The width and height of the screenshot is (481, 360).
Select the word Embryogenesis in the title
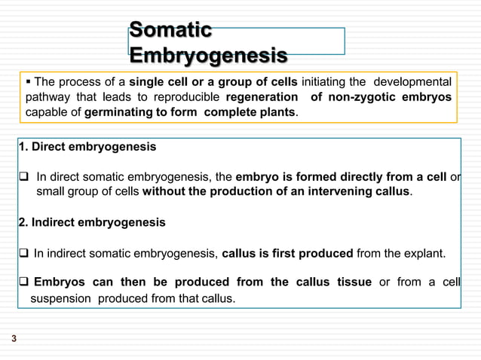pyautogui.click(x=207, y=56)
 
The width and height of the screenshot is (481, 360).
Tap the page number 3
pyautogui.click(x=14, y=340)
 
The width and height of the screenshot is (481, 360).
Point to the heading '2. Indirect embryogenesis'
pyautogui.click(x=91, y=223)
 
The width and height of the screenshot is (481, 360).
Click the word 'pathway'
pyautogui.click(x=47, y=97)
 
